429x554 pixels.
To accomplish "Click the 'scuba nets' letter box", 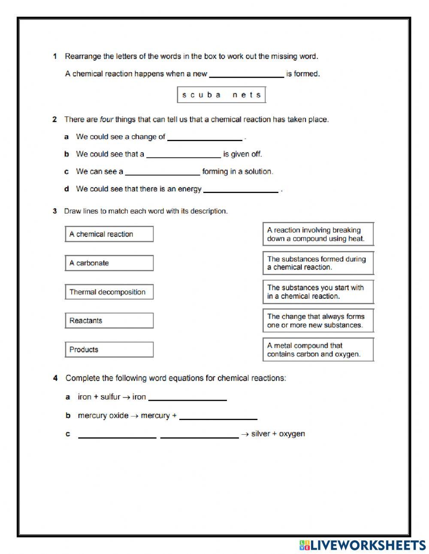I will pos(221,95).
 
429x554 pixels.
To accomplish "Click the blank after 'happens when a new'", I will pos(246,74).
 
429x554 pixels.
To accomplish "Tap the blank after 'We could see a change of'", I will pos(205,137).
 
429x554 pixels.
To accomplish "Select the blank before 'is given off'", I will pos(184,154).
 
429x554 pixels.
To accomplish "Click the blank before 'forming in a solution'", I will pos(163,172).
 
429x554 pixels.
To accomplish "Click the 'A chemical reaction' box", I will pos(109,234).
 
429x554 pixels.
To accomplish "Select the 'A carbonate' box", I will pos(109,263).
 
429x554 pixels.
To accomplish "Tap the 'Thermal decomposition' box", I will pos(109,292).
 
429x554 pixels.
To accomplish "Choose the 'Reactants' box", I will pos(109,321).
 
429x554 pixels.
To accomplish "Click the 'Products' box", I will pos(109,350).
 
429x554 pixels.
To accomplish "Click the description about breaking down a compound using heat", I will pos(318,234).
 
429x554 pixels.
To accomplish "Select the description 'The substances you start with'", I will pos(318,292).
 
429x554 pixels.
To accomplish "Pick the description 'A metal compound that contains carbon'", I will pos(318,350).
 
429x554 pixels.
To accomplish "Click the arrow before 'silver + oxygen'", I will pos(245,434).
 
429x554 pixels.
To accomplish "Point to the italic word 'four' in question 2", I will pos(106,120).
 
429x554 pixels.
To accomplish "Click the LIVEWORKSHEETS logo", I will pos(363,545).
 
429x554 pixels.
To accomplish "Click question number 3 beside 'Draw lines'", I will pos(55,211).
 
